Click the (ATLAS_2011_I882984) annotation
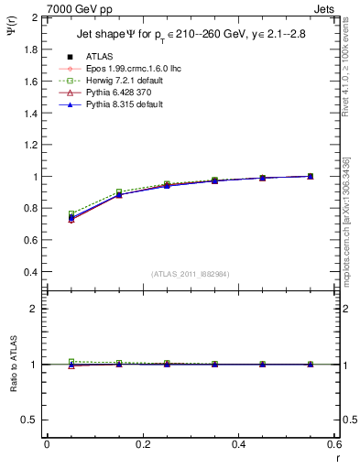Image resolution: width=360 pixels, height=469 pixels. click(x=190, y=274)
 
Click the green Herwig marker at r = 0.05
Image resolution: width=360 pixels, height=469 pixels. click(x=71, y=213)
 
